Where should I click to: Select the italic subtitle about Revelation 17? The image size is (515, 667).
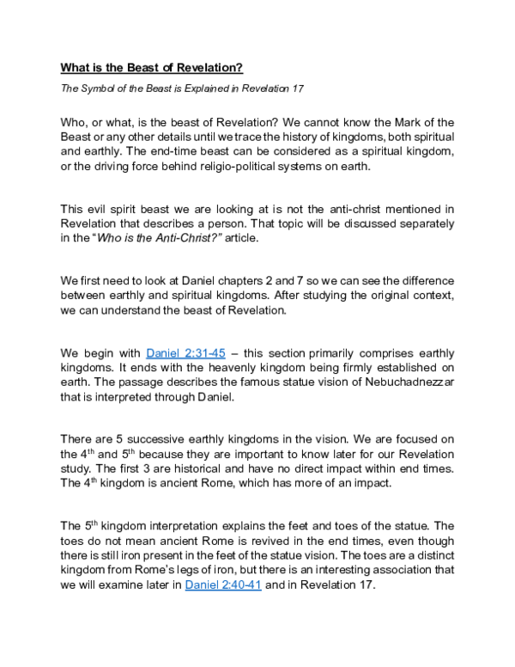(x=181, y=89)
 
